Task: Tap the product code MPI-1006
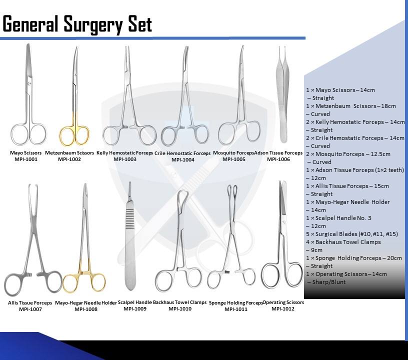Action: click(x=278, y=159)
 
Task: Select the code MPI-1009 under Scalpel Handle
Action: click(x=135, y=309)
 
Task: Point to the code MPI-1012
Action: click(x=283, y=309)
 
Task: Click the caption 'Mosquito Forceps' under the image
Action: click(x=233, y=152)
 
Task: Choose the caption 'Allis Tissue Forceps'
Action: click(x=30, y=303)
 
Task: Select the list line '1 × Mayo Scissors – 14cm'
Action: click(x=340, y=90)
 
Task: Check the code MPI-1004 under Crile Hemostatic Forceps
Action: click(x=183, y=160)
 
